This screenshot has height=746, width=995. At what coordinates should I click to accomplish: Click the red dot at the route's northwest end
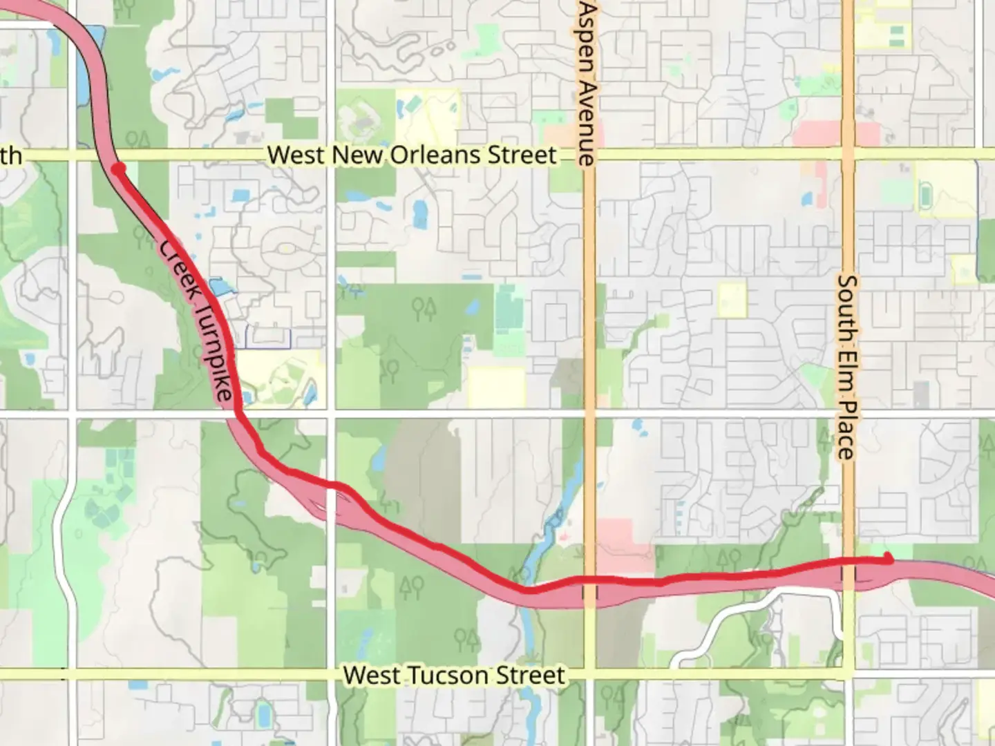coord(119,168)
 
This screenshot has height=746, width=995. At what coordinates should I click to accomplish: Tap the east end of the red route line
coord(889,559)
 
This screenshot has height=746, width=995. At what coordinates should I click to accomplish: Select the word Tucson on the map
coord(457,675)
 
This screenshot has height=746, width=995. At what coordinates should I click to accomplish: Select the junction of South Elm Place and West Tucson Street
coord(847,674)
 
